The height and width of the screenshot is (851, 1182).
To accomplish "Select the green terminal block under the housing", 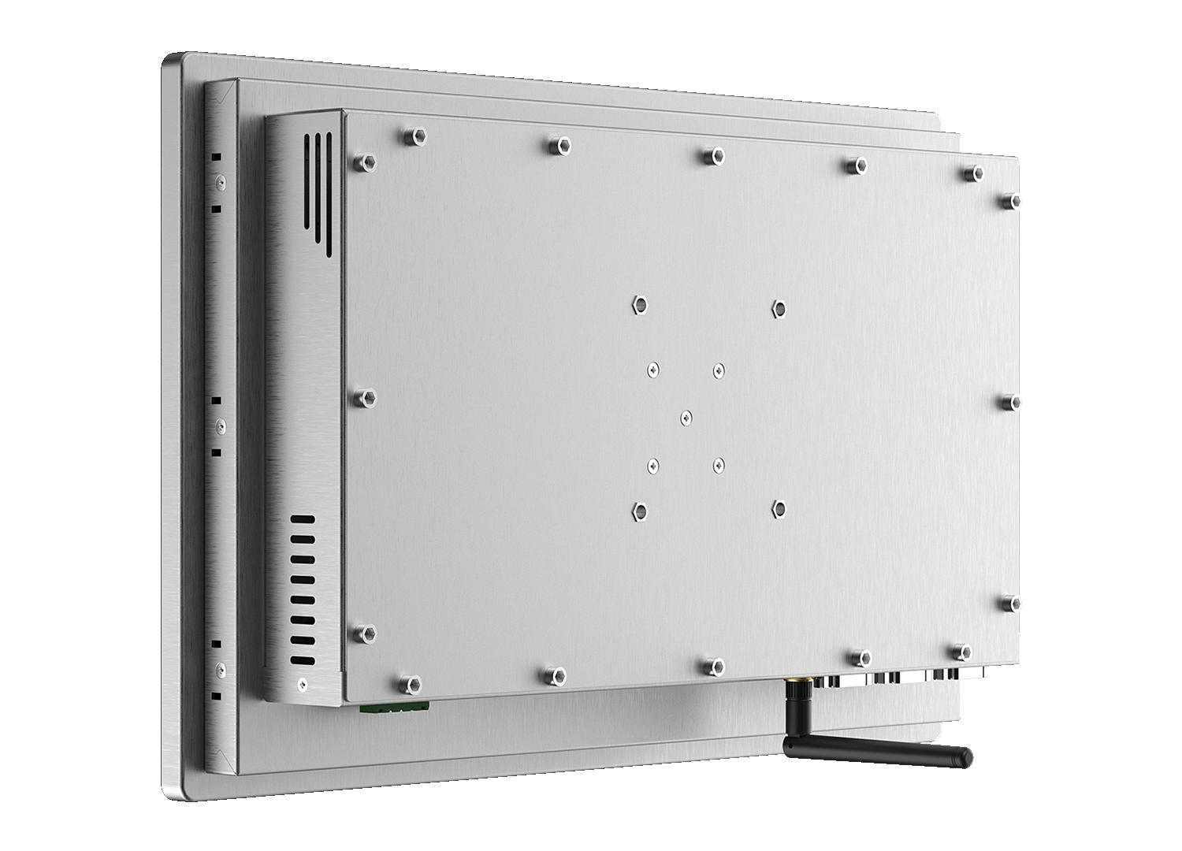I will [x=395, y=707].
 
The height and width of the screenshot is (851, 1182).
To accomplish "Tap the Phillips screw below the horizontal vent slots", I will [x=302, y=685].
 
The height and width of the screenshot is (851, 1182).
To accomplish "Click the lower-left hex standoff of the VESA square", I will [x=639, y=512].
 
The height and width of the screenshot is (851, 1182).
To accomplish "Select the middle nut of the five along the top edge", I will [x=712, y=154].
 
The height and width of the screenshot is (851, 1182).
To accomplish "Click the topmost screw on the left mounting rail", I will [x=220, y=182].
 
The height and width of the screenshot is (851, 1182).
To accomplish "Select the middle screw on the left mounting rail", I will [x=220, y=428].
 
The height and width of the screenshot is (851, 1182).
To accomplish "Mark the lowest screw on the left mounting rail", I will [x=220, y=671].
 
